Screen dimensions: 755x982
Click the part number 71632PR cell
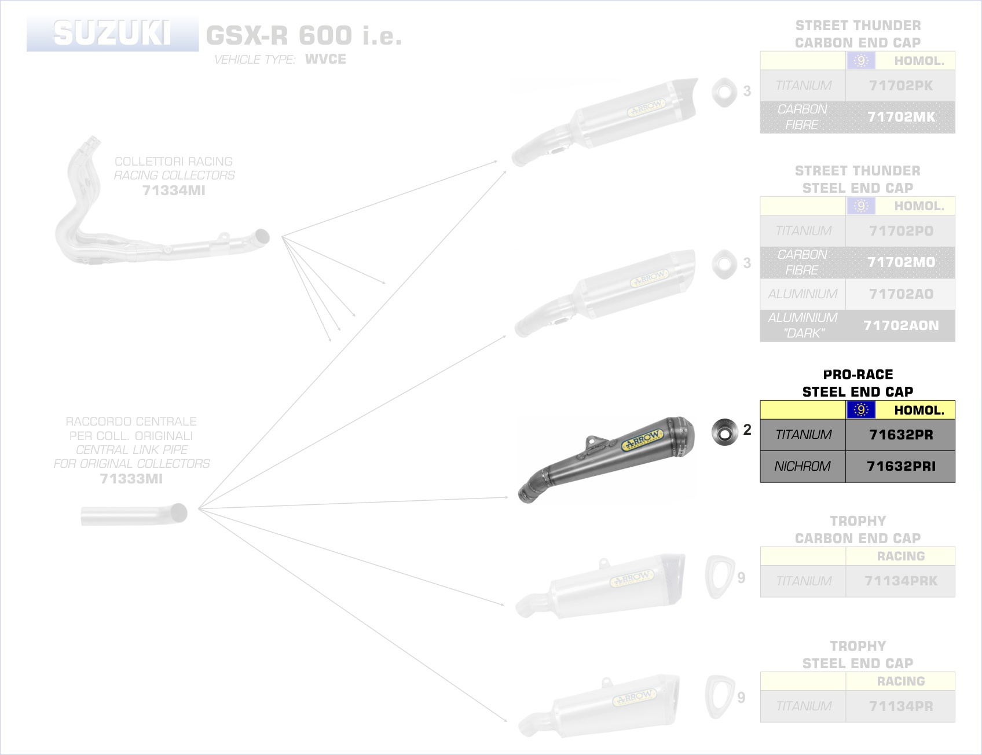tap(900, 435)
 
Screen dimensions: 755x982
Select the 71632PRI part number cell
tap(900, 466)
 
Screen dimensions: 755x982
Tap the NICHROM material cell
tap(803, 466)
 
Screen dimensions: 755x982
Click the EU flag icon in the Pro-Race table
tap(861, 410)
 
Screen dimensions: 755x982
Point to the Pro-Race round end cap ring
tap(724, 433)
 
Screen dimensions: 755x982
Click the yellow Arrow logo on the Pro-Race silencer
tap(642, 441)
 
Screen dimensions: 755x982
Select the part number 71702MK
tap(900, 117)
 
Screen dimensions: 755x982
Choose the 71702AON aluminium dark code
tap(900, 325)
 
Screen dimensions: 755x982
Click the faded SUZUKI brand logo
tap(112, 34)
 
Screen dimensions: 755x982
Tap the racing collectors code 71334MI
tap(174, 190)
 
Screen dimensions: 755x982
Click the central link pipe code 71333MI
tap(131, 479)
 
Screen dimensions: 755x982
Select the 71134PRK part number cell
tap(900, 581)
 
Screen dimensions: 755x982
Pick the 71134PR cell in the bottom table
tap(900, 706)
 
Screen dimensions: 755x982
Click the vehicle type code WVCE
tap(325, 59)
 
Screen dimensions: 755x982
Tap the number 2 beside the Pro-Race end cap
tap(748, 430)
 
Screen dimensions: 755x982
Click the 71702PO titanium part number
tap(900, 231)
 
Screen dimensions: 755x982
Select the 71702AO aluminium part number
tap(900, 294)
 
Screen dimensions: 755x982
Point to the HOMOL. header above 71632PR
tap(918, 410)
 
